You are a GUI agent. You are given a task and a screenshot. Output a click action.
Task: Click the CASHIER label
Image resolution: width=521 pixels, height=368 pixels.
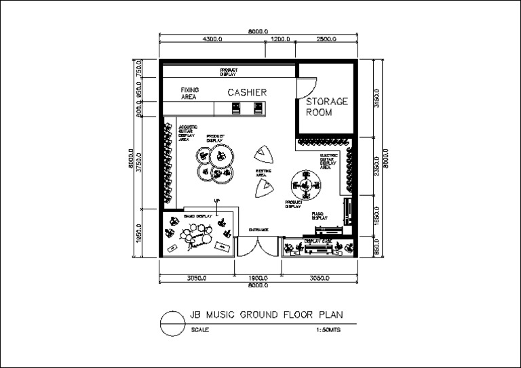[x=246, y=92]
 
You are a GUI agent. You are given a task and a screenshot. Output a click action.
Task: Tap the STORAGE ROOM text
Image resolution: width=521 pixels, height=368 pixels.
[x=326, y=107]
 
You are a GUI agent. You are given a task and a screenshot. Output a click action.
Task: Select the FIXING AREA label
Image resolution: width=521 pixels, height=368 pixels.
[x=189, y=94]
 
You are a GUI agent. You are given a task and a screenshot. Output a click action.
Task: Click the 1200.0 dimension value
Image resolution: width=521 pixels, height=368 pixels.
[x=280, y=39]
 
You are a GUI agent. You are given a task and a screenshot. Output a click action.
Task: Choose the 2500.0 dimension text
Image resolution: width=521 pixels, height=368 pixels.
[x=326, y=39]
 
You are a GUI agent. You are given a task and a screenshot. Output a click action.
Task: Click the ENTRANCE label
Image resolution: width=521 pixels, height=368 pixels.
[x=258, y=230]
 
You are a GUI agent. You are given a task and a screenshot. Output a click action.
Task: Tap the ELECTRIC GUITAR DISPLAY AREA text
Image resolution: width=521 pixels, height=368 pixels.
[x=328, y=161]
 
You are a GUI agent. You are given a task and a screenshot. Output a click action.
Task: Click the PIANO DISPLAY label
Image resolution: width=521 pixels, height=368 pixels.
[x=320, y=216]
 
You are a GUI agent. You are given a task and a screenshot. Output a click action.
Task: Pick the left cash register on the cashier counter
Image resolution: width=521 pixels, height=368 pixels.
[x=236, y=108]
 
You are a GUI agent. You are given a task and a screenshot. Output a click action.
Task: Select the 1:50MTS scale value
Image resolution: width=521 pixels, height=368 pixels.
[x=328, y=330]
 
